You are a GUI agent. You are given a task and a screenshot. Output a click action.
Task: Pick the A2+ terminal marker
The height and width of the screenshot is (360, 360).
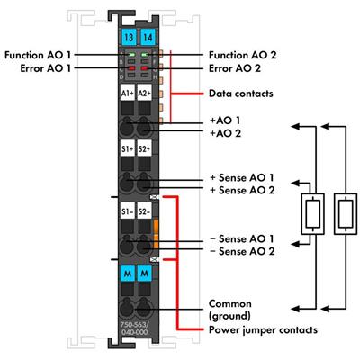[x=143, y=93]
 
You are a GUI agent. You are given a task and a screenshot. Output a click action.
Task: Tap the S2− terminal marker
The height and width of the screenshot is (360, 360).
[x=143, y=211]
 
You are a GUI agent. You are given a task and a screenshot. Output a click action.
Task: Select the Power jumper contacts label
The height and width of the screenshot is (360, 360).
[x=262, y=329]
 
